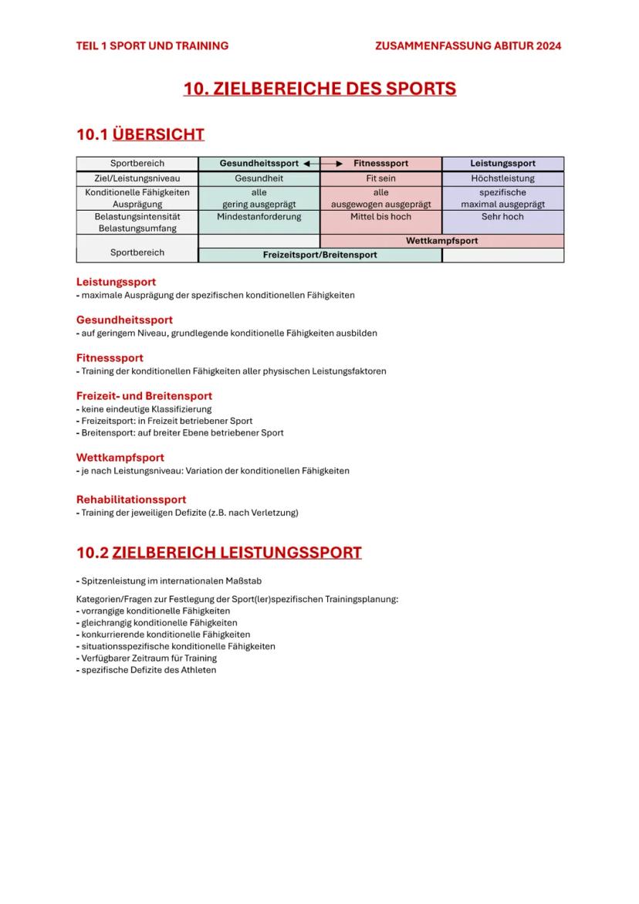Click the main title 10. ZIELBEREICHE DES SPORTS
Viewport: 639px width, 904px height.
319,89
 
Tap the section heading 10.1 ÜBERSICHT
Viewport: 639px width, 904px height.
140,134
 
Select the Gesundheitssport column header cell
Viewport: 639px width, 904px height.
259,164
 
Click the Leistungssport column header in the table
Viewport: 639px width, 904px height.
502,164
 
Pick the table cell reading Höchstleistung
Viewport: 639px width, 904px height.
502,178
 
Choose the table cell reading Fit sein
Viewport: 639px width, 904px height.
380,178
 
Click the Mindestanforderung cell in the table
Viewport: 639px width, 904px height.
259,217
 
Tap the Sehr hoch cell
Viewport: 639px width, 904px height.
502,217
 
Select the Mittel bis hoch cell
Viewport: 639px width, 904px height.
380,217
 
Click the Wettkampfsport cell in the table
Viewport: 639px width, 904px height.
441,241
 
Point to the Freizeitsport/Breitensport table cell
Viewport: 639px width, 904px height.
319,255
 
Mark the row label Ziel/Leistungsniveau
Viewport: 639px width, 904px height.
137,178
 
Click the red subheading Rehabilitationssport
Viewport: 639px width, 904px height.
131,499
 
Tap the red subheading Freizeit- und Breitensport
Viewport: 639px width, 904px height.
144,396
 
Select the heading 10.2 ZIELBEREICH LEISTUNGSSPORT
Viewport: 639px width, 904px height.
218,553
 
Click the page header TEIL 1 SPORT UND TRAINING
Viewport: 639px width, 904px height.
152,46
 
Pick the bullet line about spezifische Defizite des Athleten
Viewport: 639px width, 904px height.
148,670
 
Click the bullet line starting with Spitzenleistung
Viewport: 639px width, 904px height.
174,581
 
